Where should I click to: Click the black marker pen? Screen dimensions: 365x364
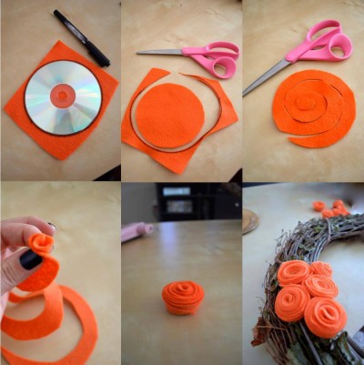coord(81,37)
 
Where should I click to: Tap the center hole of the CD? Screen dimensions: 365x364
coord(62,93)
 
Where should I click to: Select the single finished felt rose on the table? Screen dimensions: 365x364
coord(182,297)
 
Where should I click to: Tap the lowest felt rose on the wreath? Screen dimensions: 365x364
coord(325,317)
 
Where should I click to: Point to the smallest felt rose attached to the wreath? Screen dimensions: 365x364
coord(320,269)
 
